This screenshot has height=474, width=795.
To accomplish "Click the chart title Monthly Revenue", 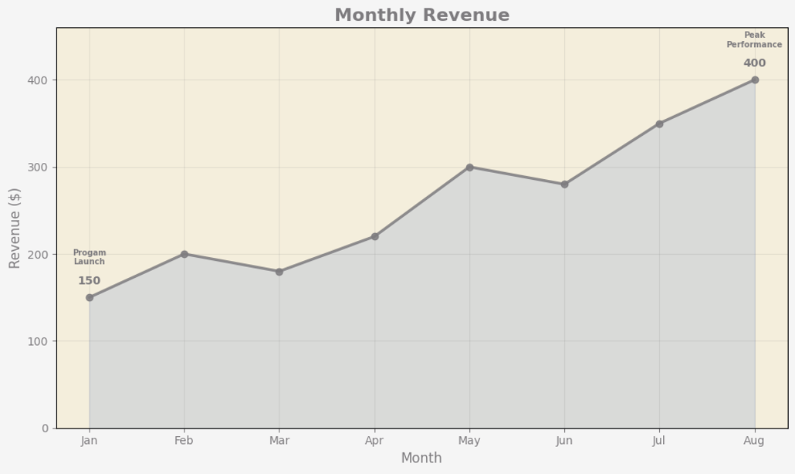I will [421, 15].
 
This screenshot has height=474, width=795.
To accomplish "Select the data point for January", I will [90, 297].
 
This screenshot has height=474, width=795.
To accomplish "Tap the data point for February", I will [184, 254].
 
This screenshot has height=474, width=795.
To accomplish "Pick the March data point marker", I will [279, 272].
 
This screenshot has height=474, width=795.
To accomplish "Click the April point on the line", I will [374, 236].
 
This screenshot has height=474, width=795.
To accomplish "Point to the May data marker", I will [469, 167].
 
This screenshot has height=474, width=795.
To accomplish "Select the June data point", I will [564, 185].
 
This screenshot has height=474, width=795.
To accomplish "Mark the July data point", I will [659, 124].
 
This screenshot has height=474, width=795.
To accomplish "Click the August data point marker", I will [755, 80].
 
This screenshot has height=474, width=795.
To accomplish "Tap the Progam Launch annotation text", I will [90, 257].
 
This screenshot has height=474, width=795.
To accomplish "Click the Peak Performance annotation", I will [754, 40].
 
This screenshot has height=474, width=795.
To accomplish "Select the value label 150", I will [89, 281].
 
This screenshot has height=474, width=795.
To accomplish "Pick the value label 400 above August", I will [754, 63].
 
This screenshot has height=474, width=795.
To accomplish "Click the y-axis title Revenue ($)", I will [15, 228].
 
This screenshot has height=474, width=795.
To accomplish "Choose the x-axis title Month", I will [421, 458].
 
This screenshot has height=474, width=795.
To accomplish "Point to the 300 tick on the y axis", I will [39, 168].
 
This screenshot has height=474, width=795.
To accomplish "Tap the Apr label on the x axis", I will [374, 441].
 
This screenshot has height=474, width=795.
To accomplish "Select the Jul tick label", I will [658, 441].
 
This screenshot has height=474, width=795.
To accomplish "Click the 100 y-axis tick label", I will [39, 341].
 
